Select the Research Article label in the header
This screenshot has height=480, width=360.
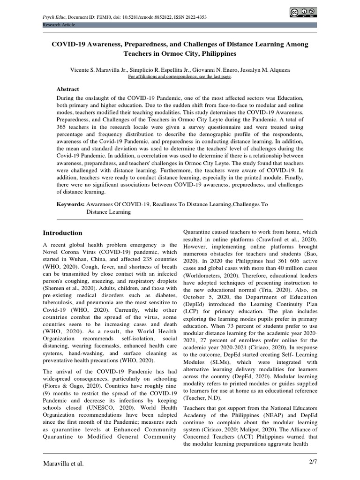(59, 25)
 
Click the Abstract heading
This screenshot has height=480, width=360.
(68, 89)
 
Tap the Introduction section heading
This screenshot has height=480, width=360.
(62, 233)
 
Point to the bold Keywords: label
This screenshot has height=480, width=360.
(70, 204)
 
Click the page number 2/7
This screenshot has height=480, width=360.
(310, 463)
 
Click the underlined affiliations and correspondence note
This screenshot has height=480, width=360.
(180, 76)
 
